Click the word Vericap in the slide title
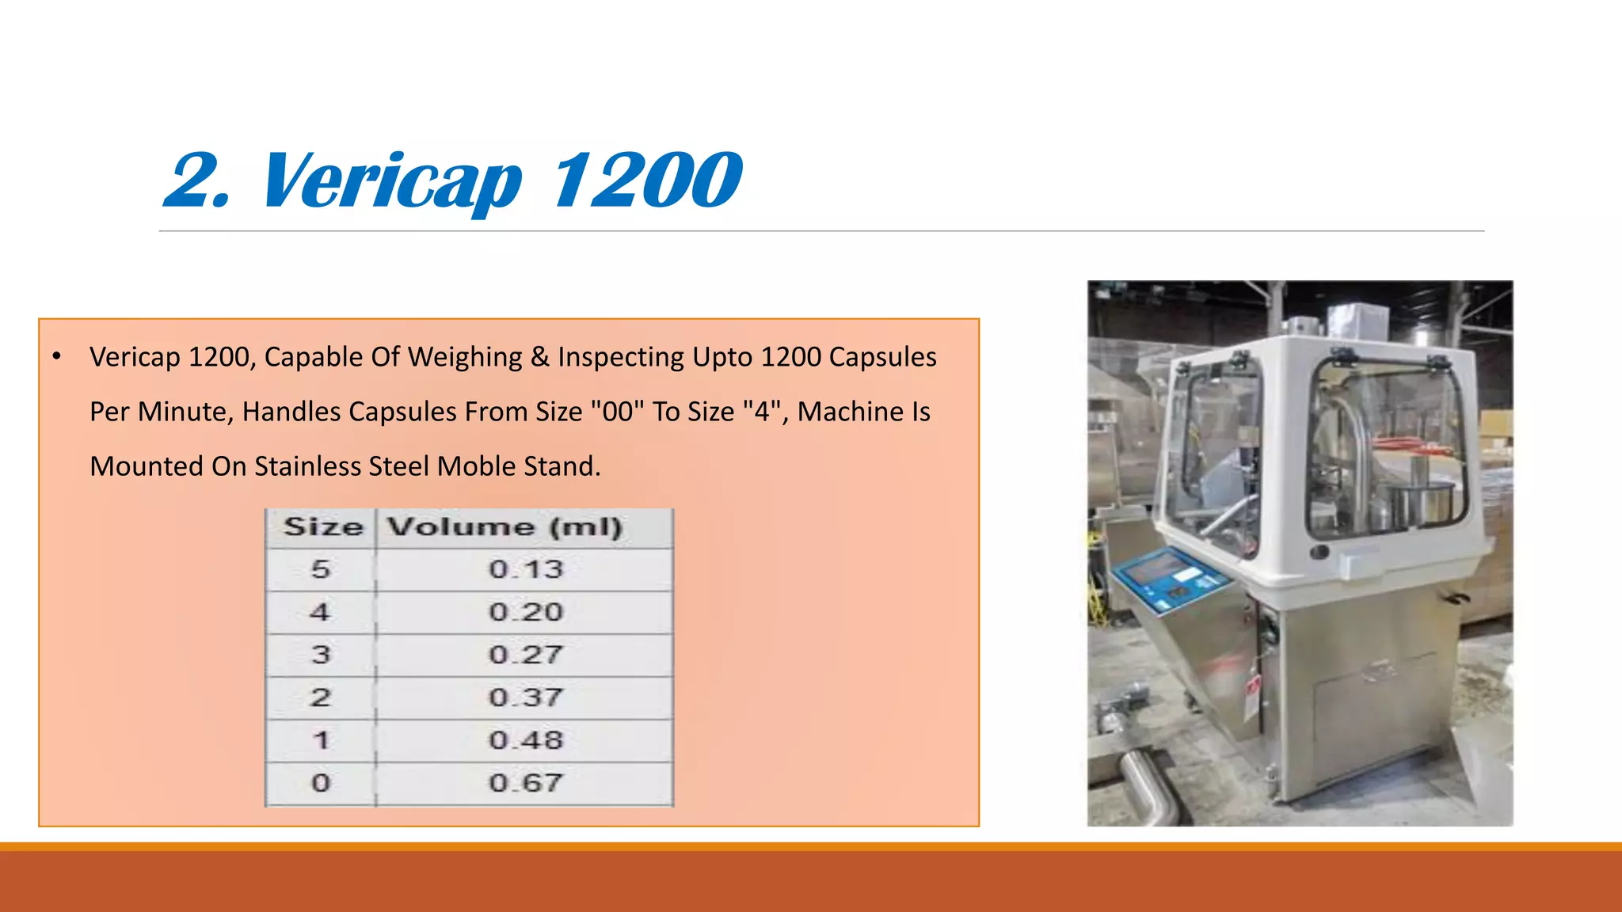(391, 180)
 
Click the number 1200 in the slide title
(646, 180)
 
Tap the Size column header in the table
(323, 527)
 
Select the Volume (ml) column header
(504, 527)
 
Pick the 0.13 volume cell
(525, 569)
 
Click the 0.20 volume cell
(525, 612)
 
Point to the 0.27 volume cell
(525, 655)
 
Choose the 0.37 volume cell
(525, 697)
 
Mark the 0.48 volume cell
(525, 740)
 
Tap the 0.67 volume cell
(525, 783)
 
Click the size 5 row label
(320, 569)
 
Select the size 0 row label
(320, 783)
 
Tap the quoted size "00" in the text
(618, 412)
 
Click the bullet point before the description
(56, 357)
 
